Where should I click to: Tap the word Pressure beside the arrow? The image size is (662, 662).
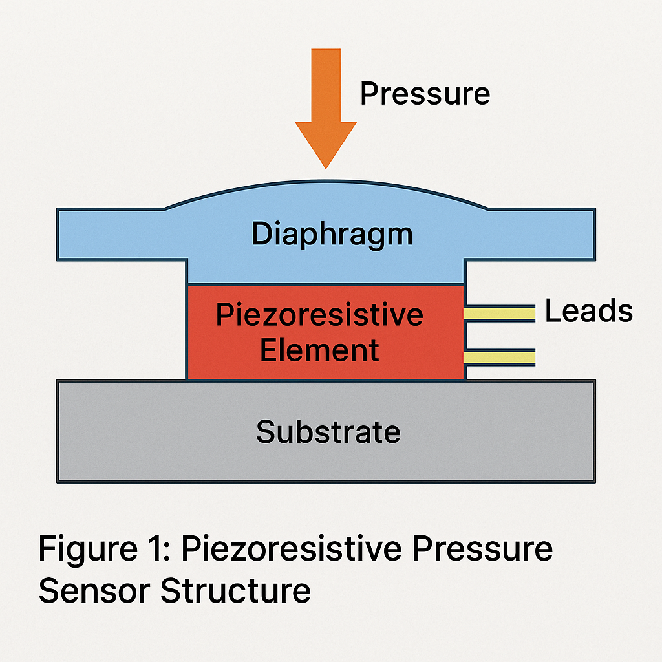[425, 94]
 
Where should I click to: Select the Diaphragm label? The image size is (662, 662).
[332, 234]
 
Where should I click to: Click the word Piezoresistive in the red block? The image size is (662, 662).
[319, 315]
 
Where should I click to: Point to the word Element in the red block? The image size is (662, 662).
[319, 350]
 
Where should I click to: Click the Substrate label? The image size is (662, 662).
[328, 431]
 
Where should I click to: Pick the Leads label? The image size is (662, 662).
[588, 312]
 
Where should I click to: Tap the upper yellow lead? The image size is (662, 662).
[500, 314]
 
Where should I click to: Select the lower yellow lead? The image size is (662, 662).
[500, 357]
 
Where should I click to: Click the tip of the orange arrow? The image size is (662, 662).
[326, 165]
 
